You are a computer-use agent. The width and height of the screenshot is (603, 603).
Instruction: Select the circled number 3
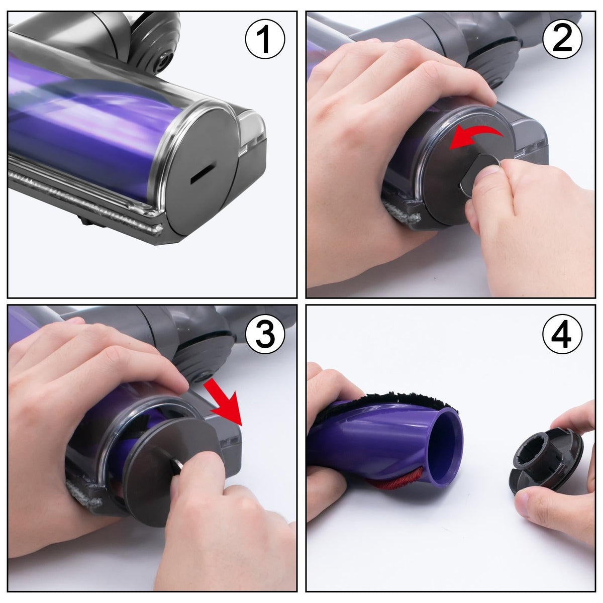point(265,334)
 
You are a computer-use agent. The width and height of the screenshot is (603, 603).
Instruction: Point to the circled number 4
point(562,334)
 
